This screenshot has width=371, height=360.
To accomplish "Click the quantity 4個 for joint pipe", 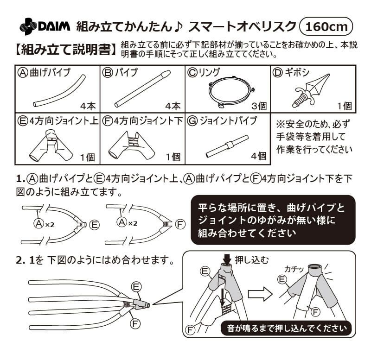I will [x=259, y=157].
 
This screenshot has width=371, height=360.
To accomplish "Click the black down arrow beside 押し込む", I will [x=227, y=259].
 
